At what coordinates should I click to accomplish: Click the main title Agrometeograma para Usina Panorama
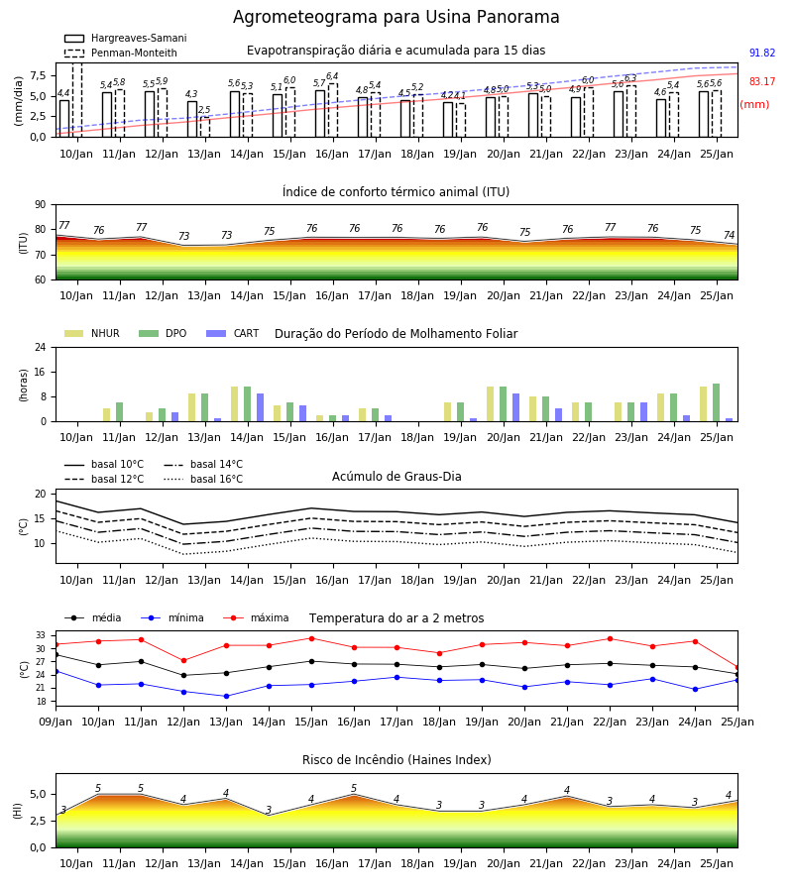tap(396, 17)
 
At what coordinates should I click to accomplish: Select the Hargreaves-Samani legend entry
tap(125, 38)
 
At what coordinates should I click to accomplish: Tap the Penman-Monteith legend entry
tap(121, 53)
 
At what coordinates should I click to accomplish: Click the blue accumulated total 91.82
tap(762, 53)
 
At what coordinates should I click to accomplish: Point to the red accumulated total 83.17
tap(762, 81)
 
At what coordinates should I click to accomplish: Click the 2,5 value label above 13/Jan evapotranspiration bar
tap(204, 110)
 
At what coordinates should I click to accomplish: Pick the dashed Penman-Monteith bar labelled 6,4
tap(333, 110)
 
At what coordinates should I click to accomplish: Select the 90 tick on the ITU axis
tap(41, 205)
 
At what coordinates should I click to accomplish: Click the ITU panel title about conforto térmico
tap(396, 192)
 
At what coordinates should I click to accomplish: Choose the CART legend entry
tap(232, 333)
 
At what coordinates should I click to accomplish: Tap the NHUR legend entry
tap(92, 333)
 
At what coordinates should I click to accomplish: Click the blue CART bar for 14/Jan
tap(260, 407)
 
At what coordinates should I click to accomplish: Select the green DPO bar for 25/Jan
tap(717, 402)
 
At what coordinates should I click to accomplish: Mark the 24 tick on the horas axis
tap(41, 347)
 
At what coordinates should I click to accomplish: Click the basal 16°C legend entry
tap(203, 479)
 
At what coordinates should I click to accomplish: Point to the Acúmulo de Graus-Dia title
tap(396, 477)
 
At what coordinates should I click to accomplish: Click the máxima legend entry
tap(256, 617)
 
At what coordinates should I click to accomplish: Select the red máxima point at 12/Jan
tap(183, 660)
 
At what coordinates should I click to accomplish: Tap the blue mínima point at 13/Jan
tap(226, 697)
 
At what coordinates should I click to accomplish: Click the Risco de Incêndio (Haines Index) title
tap(396, 760)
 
